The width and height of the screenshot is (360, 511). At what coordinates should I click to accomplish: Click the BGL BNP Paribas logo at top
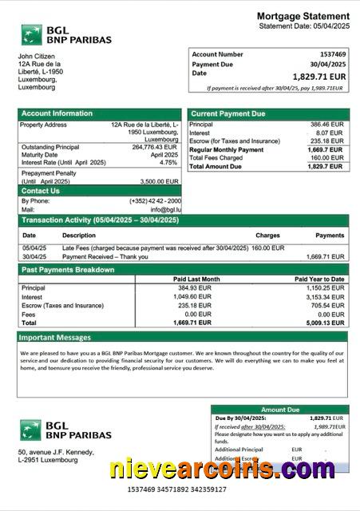tap(65, 34)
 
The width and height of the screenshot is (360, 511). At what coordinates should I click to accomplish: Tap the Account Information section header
tap(57, 113)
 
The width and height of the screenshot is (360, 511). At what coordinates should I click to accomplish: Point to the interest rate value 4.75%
tap(168, 162)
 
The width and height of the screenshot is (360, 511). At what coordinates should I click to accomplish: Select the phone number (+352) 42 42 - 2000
tap(155, 200)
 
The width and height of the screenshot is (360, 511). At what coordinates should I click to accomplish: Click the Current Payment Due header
tap(227, 114)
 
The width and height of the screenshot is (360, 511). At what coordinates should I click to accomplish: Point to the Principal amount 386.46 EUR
tap(326, 125)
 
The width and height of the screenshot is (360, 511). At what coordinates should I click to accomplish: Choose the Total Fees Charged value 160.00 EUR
tap(326, 158)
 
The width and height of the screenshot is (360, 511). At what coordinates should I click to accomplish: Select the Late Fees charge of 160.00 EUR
tap(267, 248)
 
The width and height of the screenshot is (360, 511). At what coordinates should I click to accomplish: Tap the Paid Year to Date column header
tap(319, 279)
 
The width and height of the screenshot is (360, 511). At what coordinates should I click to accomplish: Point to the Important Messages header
tap(56, 337)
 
